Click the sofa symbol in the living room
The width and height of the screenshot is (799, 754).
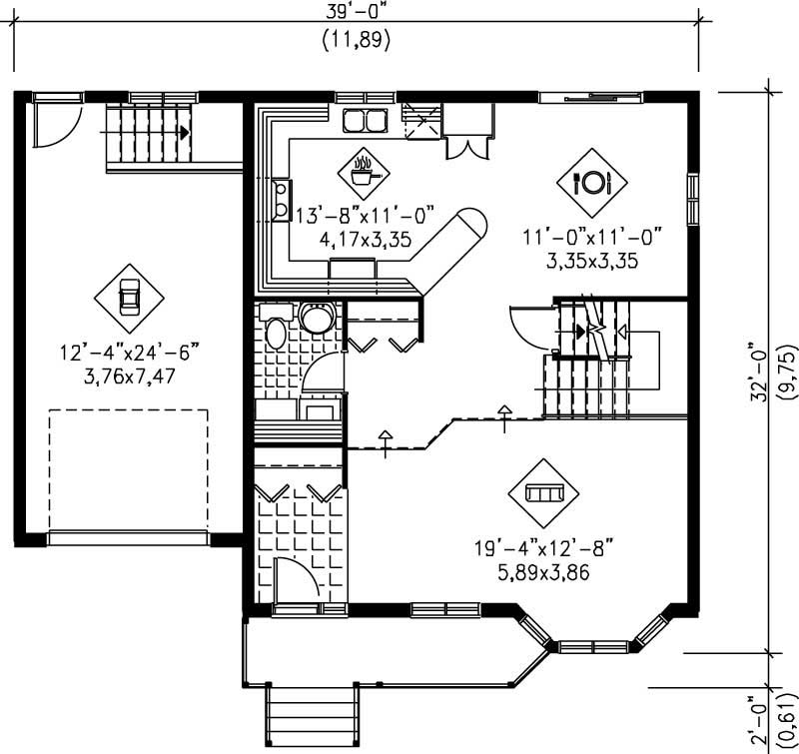point(544,492)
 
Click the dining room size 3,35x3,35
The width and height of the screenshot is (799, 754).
point(592,262)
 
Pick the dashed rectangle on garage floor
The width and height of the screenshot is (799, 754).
point(129,469)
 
